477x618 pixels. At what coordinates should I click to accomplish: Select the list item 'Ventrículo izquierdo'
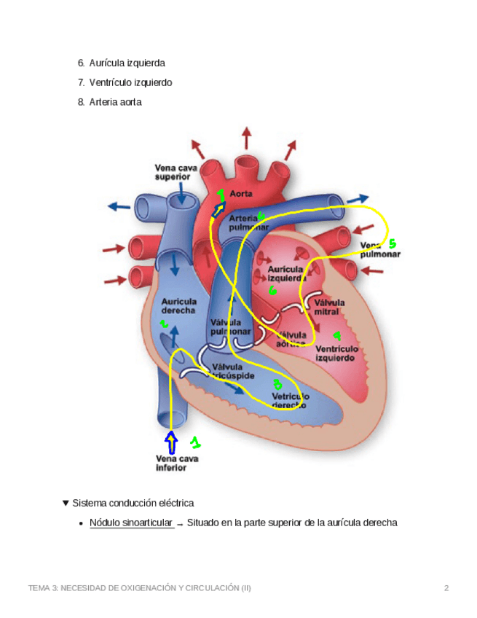pos(130,82)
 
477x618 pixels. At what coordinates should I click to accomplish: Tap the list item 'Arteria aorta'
pos(115,102)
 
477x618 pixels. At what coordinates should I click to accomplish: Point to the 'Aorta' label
pos(241,194)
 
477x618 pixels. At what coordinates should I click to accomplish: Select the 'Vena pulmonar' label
pos(380,249)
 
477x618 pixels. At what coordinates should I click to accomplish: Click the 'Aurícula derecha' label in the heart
pos(178,305)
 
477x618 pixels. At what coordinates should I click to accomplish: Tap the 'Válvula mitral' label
pos(329,307)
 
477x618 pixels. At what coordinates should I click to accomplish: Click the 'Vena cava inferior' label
pos(177,463)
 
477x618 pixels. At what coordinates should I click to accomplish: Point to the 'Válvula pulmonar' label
pos(230,326)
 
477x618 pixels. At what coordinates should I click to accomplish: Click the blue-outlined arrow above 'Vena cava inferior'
pos(172,442)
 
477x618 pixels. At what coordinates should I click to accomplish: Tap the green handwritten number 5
pos(392,243)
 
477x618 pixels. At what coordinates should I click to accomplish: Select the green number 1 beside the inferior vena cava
pos(194,442)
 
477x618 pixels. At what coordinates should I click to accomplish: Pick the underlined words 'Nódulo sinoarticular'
pos(131,523)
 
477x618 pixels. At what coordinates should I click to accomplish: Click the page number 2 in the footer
pos(446,588)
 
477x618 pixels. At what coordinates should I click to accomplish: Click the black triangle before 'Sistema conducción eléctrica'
pos(66,503)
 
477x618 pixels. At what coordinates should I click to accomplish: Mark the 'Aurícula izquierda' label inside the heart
pos(286,274)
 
